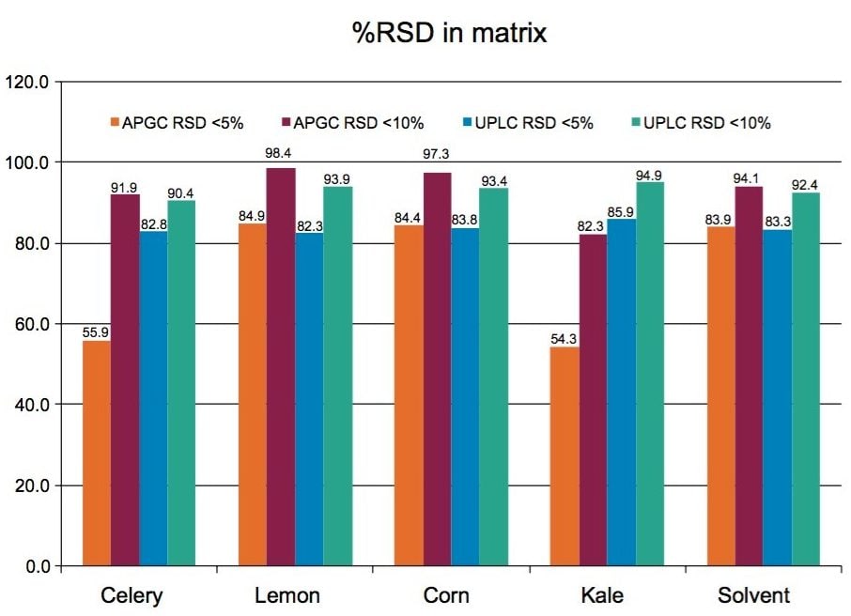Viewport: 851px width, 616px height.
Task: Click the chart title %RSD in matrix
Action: [x=449, y=34]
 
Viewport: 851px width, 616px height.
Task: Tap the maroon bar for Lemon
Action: [x=281, y=366]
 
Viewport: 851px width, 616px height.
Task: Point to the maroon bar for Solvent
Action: [x=749, y=376]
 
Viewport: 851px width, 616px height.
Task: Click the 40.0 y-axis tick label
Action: [x=32, y=405]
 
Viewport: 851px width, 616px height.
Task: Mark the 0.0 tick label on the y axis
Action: [x=36, y=566]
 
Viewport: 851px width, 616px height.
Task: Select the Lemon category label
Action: [x=287, y=596]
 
